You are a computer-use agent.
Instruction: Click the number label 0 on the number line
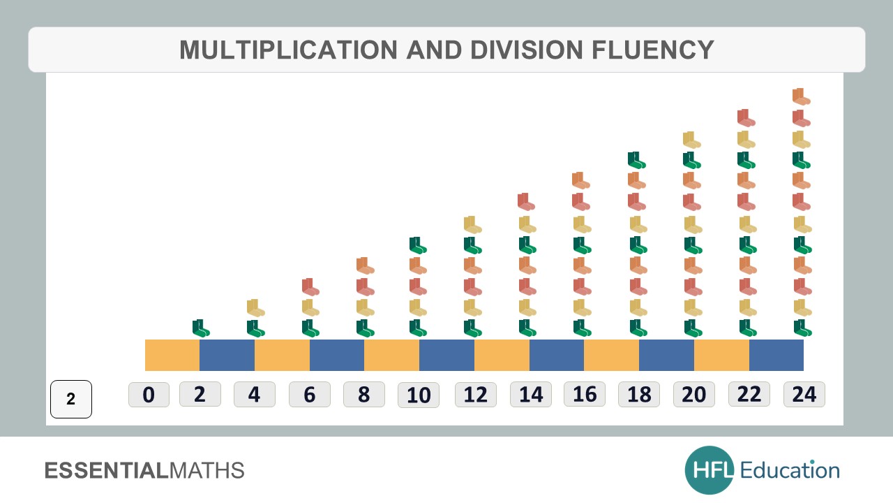pos(149,395)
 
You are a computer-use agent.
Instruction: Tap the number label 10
pos(419,395)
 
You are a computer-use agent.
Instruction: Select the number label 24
pos(804,395)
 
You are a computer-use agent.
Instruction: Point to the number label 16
pos(585,395)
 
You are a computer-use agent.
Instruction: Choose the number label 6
pos(310,395)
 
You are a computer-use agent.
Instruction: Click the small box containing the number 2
pos(71,400)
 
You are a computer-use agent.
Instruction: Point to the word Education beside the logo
pos(790,470)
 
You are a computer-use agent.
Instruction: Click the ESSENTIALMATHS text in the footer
pos(144,470)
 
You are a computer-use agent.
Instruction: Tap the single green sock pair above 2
pos(201,328)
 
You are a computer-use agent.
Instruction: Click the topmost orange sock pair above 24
pos(802,96)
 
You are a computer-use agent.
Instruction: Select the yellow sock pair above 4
pos(256,307)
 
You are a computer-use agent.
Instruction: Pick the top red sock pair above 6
pos(310,286)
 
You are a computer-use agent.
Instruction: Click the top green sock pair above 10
pos(418,245)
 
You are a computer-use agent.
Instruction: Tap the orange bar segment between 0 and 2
pos(172,355)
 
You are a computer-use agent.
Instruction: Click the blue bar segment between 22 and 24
pos(776,355)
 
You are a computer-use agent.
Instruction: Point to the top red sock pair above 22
pos(746,117)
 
